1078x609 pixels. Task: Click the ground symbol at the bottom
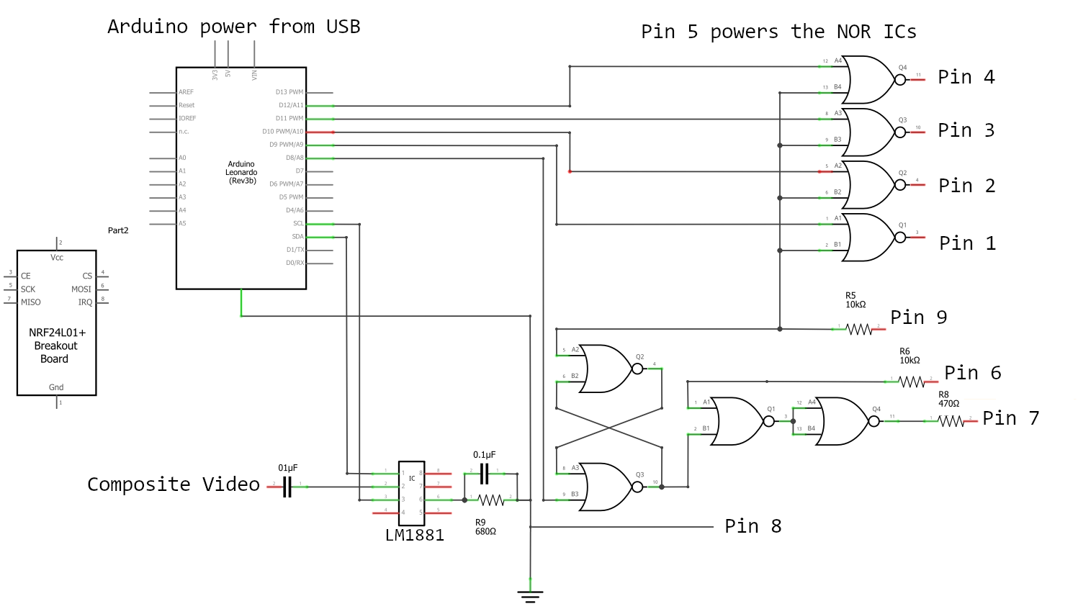click(x=530, y=596)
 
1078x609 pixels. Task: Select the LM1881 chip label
click(x=414, y=536)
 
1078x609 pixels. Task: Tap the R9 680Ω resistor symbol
click(x=491, y=500)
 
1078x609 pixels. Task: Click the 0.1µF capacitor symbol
click(x=485, y=473)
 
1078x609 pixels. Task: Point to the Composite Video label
click(x=173, y=484)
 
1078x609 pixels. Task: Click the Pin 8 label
click(x=753, y=526)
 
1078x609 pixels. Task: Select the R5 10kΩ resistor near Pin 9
click(x=858, y=329)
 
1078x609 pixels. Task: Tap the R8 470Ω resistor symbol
click(x=951, y=421)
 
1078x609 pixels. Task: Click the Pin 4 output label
click(x=966, y=77)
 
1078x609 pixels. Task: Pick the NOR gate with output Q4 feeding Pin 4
click(x=870, y=80)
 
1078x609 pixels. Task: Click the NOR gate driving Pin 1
click(x=870, y=237)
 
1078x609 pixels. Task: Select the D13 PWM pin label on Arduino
click(x=289, y=92)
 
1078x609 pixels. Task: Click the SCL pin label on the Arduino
click(x=298, y=224)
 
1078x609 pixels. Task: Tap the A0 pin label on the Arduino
click(x=182, y=158)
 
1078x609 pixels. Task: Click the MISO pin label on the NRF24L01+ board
click(x=31, y=302)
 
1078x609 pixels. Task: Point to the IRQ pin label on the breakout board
click(x=85, y=302)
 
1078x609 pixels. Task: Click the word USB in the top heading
click(x=343, y=27)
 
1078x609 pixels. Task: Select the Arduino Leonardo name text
click(x=241, y=173)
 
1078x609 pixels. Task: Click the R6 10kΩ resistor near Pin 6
click(x=912, y=382)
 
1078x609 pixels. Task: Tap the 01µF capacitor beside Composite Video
click(x=287, y=487)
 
